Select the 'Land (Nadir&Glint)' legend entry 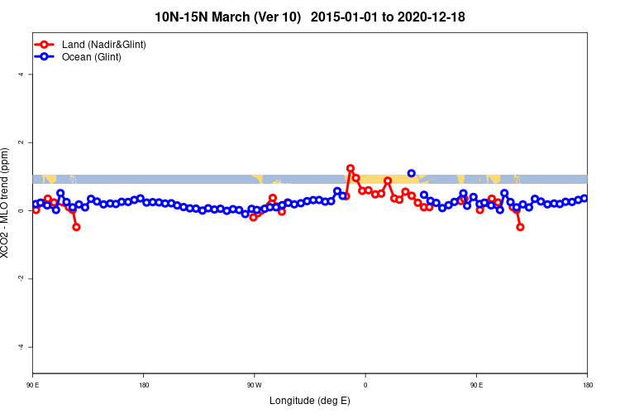click(x=103, y=44)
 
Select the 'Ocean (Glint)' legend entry click(x=92, y=57)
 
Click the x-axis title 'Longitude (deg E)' click(x=310, y=401)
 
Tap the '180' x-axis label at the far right click(x=587, y=385)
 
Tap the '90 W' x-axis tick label click(x=254, y=385)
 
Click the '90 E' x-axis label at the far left click(x=33, y=385)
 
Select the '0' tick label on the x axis click(x=365, y=385)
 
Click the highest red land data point click(x=351, y=168)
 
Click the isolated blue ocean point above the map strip click(x=412, y=173)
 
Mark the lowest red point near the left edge click(x=76, y=227)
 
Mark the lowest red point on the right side click(x=520, y=227)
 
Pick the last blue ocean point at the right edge click(x=584, y=198)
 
